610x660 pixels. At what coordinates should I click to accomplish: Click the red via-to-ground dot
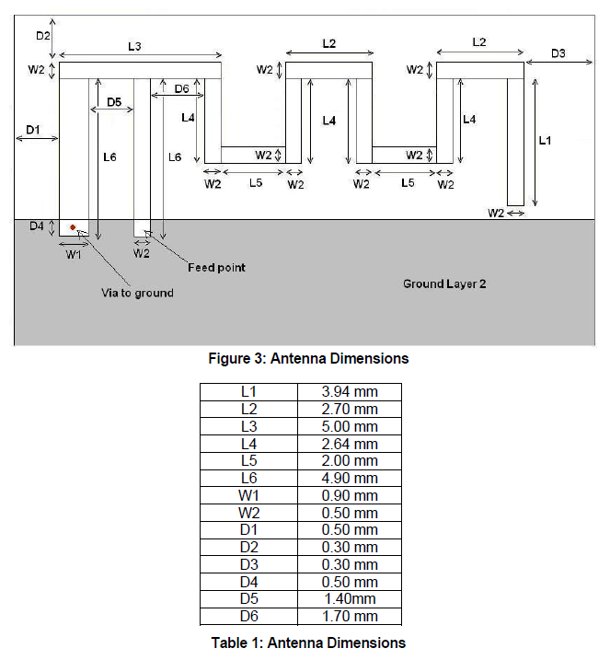[73, 227]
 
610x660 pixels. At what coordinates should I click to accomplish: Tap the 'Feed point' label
[216, 267]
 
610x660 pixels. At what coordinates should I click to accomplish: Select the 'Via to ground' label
[137, 293]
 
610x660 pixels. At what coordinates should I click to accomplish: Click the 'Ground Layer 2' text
[443, 284]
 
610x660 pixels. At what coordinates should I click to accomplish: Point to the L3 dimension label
[135, 45]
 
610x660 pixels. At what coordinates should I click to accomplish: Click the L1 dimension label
[545, 140]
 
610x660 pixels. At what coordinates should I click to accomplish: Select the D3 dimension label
[558, 53]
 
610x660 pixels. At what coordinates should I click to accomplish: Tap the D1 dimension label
[32, 130]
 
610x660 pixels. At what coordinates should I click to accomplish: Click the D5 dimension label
[115, 101]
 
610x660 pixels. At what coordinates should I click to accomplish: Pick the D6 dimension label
[181, 88]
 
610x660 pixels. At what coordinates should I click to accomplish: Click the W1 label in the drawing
[74, 255]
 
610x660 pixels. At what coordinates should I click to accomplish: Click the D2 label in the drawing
[42, 35]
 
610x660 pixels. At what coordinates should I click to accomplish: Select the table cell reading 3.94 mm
[350, 391]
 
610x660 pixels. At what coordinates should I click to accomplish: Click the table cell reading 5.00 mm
[350, 426]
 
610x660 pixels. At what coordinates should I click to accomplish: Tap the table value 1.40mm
[350, 599]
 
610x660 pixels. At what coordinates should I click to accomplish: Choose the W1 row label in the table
[248, 495]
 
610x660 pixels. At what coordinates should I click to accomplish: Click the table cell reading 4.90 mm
[350, 478]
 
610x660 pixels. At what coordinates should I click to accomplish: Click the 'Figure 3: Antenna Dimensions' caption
[305, 358]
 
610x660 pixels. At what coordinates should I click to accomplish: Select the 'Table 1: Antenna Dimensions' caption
[305, 642]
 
